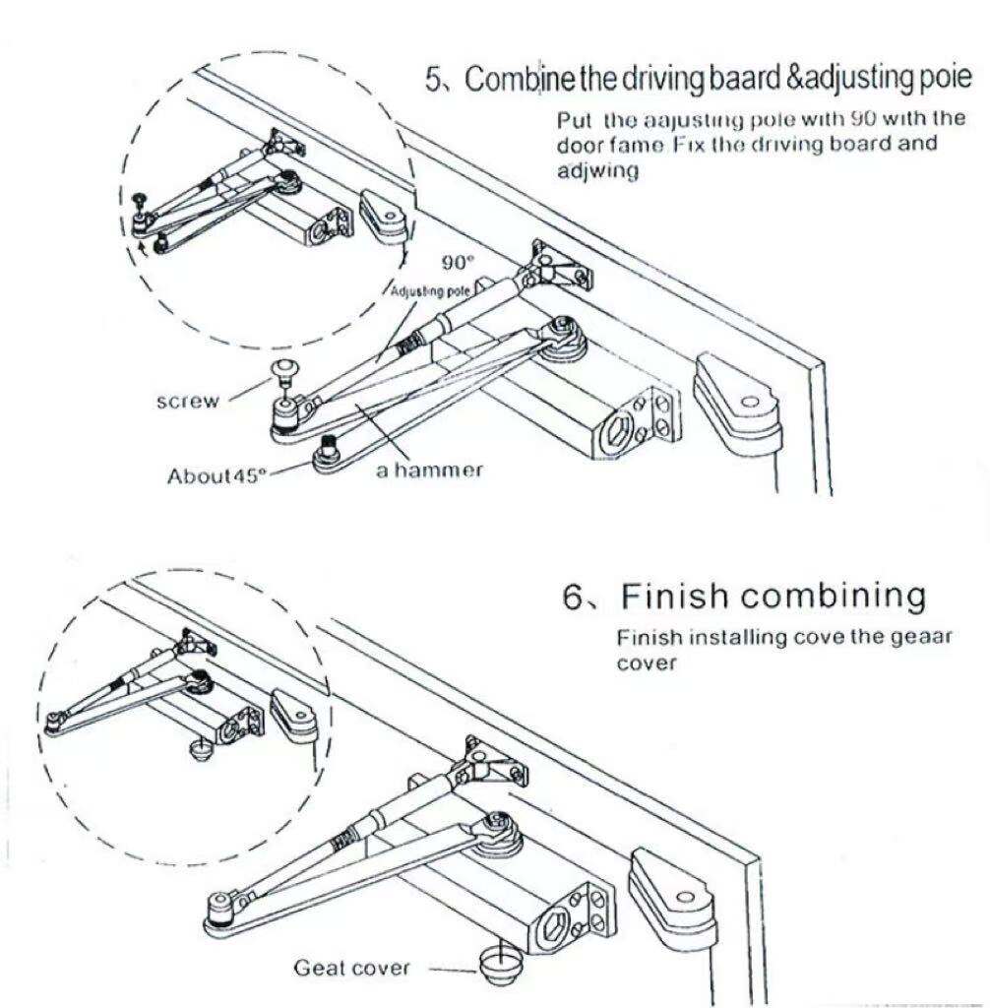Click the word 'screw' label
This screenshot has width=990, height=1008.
coord(189,402)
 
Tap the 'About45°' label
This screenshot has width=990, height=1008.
coord(217,475)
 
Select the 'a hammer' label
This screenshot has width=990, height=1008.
coord(430,471)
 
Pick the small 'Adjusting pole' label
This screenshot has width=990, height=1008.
coord(428,291)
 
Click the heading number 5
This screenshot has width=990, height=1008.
coord(433,80)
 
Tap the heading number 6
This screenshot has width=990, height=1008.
coord(573,596)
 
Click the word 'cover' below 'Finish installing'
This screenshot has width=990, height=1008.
coord(648,662)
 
